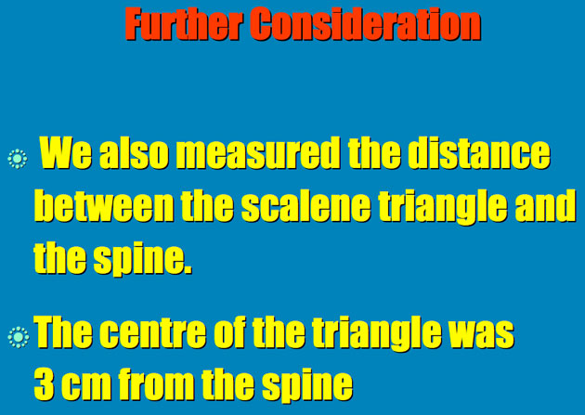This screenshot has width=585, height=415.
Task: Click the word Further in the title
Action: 183,25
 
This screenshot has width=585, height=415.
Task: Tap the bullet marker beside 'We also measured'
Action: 17,159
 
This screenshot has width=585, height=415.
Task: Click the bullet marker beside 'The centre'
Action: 18,337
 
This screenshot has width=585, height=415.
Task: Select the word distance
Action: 478,153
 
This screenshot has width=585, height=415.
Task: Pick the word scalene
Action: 305,205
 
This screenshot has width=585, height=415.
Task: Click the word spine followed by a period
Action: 142,259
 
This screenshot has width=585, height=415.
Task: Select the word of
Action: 229,331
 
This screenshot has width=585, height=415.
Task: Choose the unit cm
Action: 87,386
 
